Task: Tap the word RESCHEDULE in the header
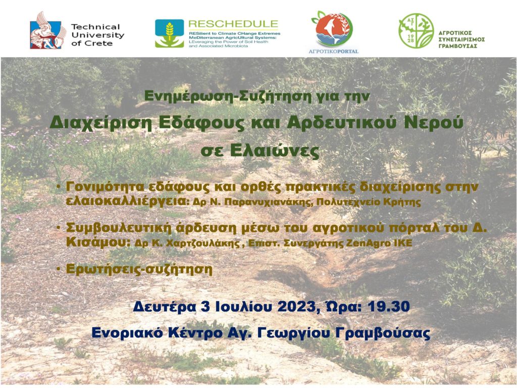pyautogui.click(x=233, y=24)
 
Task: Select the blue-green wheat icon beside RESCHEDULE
pyautogui.click(x=170, y=33)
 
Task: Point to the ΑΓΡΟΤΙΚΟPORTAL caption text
pyautogui.click(x=333, y=52)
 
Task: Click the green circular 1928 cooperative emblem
pyautogui.click(x=416, y=31)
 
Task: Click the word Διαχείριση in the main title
pyautogui.click(x=101, y=123)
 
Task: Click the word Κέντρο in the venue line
pyautogui.click(x=195, y=332)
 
